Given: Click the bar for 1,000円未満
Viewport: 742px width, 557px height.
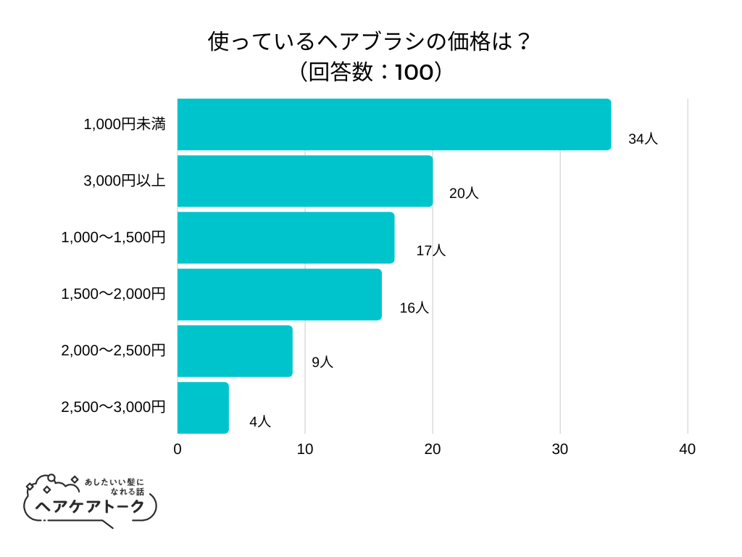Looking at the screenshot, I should (x=393, y=125).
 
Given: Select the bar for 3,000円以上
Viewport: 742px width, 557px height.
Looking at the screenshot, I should (x=304, y=181).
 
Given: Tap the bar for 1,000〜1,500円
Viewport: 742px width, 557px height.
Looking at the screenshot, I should (x=285, y=238).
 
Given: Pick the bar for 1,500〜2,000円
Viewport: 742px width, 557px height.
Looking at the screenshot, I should (x=279, y=294).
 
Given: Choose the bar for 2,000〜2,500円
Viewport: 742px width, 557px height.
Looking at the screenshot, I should (x=235, y=351).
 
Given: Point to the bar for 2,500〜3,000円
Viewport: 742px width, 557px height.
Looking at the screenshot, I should (x=203, y=408).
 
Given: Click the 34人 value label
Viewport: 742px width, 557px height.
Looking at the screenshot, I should (x=643, y=139).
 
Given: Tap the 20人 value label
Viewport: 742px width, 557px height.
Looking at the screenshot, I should (x=464, y=194).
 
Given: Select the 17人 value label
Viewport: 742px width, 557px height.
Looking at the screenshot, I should (x=430, y=251).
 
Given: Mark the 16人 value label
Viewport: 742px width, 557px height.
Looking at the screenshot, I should (x=414, y=308).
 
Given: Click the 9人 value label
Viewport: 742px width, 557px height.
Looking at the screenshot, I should (x=322, y=363).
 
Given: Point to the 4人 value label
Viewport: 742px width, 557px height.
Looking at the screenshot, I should (x=259, y=421).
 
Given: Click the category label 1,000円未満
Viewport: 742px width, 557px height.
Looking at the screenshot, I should (x=125, y=124).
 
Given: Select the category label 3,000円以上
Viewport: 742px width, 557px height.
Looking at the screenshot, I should (x=125, y=181).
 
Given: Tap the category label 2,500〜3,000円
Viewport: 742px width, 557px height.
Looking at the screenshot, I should (x=114, y=407).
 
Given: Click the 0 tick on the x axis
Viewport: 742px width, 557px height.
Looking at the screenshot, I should (x=178, y=450).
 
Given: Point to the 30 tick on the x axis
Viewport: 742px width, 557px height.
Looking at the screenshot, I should (x=560, y=450).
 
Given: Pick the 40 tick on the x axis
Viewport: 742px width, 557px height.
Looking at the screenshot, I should (x=688, y=450).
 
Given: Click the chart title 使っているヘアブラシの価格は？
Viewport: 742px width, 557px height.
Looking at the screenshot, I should (x=370, y=42).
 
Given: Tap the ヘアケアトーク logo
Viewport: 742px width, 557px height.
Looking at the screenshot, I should (x=91, y=500).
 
